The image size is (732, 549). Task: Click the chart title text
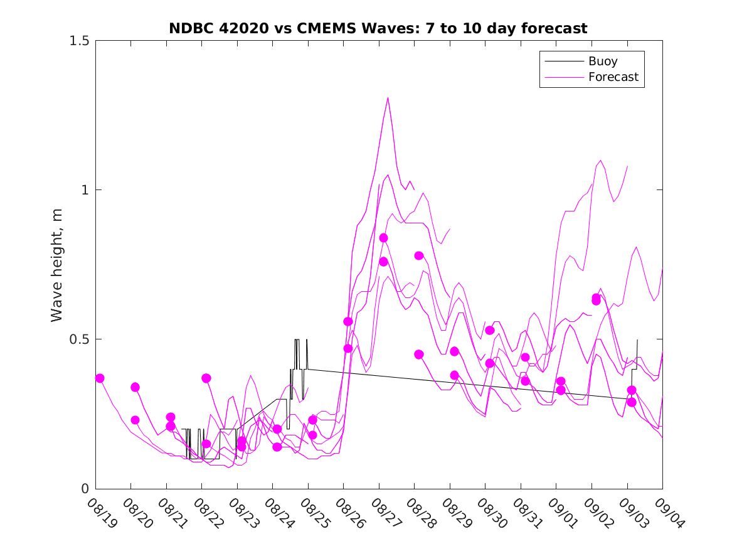(378, 28)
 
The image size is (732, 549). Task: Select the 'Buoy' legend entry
(602, 61)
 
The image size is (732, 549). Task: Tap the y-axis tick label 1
(87, 190)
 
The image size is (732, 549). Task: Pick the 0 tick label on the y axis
(87, 489)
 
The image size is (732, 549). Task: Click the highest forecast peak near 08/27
(388, 98)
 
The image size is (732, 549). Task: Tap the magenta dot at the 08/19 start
(100, 378)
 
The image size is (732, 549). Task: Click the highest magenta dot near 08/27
(383, 238)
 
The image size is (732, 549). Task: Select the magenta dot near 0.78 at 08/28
(419, 255)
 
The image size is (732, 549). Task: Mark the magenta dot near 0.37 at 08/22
(206, 378)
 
